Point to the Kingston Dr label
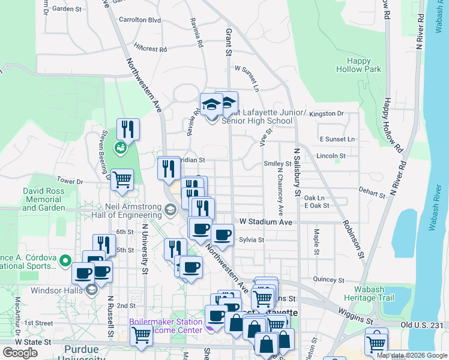click(330, 113)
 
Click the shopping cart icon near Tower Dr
click(122, 179)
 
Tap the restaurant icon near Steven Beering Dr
click(128, 129)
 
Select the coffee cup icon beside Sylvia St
click(222, 235)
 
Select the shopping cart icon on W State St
click(141, 335)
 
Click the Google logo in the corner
click(20, 353)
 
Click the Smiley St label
click(277, 163)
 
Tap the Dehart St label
click(373, 194)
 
